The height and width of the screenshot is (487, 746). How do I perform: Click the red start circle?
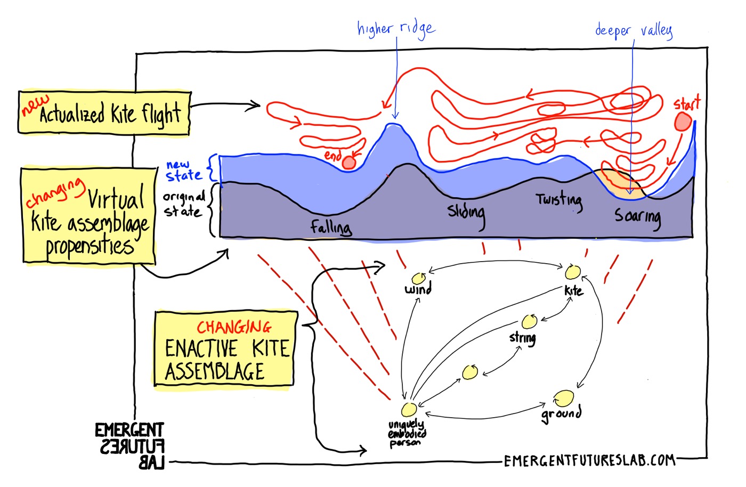point(683,121)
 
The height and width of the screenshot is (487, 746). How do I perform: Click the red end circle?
point(349,163)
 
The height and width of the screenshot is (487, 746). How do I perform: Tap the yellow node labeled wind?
point(419,279)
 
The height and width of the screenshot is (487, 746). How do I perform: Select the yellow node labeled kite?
point(573,272)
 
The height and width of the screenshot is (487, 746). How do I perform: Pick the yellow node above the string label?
point(529,321)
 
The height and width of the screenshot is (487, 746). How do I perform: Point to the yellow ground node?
point(564,399)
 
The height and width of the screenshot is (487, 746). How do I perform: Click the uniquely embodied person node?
point(409,409)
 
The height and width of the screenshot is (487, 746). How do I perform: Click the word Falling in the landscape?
point(331,228)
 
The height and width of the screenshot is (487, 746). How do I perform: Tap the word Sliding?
point(466,215)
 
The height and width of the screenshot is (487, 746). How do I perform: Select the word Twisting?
point(559,201)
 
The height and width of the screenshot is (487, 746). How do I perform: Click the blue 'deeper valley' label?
point(634,31)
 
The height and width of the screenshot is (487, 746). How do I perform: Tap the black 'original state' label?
point(184,205)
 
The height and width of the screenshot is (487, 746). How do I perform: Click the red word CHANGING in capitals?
point(234,328)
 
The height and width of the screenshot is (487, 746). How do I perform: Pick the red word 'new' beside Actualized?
point(35,105)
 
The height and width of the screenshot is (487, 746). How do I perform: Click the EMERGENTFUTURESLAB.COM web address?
point(589,461)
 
